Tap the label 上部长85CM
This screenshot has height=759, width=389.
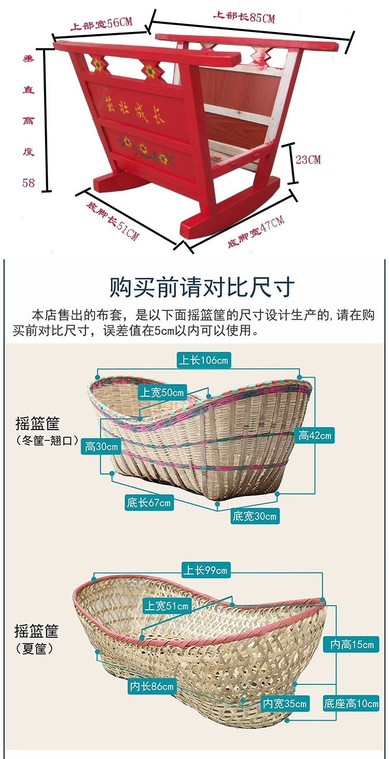point(244,18)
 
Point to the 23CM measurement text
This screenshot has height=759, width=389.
point(308,159)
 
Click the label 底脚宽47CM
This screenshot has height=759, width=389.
point(256,232)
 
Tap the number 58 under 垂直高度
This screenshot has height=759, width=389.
point(29,182)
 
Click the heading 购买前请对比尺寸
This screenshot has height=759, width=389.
point(202,287)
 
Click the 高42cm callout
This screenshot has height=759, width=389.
point(314,436)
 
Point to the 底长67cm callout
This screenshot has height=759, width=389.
point(148,502)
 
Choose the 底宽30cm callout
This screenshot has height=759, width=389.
point(255,516)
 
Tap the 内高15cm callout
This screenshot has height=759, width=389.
point(352,645)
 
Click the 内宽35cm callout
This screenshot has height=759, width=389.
point(285,704)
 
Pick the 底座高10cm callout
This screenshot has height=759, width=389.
point(351,704)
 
